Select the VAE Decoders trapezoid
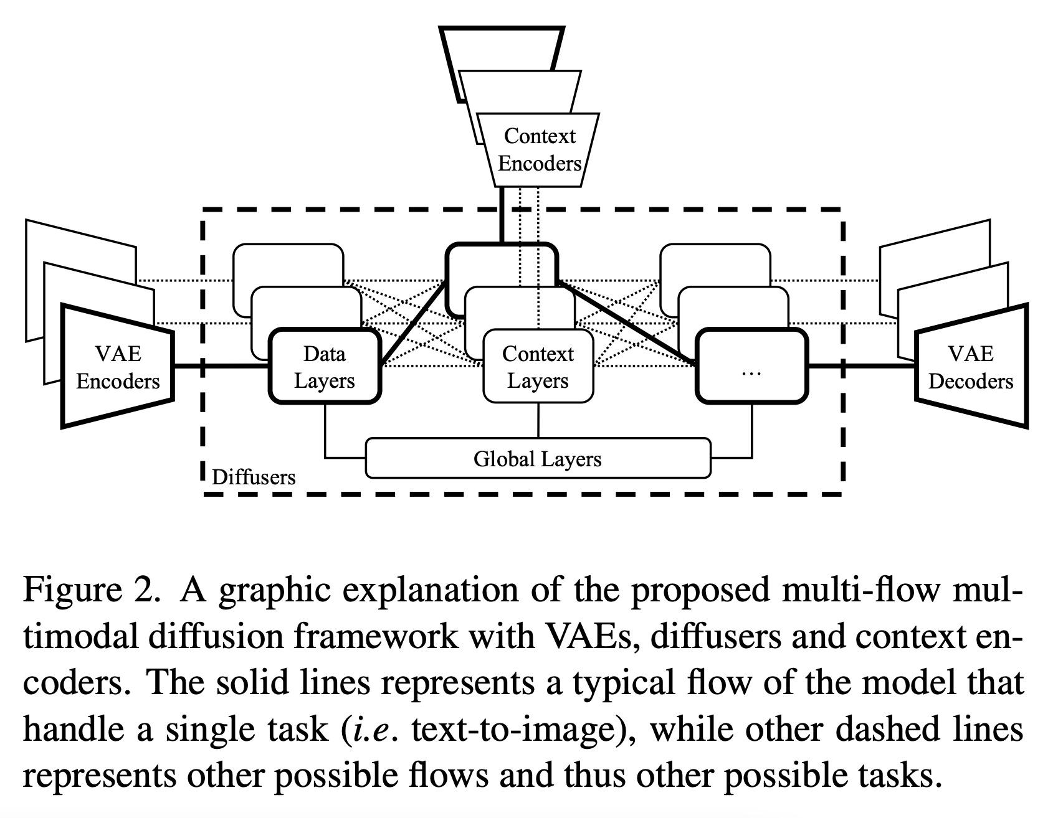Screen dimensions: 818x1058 [x=971, y=367]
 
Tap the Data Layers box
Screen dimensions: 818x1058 [x=324, y=367]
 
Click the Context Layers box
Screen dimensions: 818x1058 [x=538, y=367]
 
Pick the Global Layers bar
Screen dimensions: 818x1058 [x=537, y=459]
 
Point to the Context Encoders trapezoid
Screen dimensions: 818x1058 [x=540, y=150]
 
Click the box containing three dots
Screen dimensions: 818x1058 [x=751, y=367]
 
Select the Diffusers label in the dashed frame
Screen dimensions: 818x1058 [x=254, y=477]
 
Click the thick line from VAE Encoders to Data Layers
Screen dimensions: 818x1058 [x=221, y=366]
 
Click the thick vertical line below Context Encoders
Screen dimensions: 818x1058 [x=501, y=215]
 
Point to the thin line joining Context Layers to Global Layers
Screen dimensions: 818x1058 [x=538, y=420]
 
